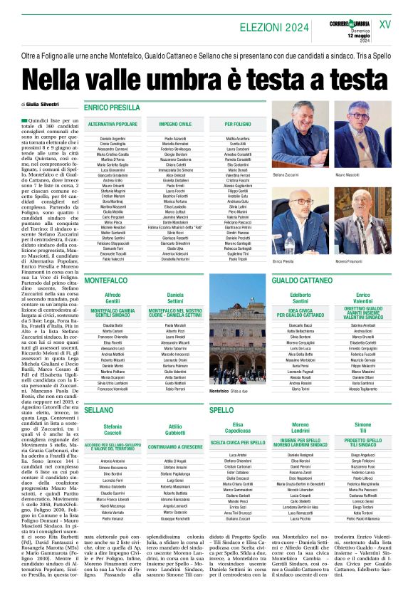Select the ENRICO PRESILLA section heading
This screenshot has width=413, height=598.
[x=113, y=107]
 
